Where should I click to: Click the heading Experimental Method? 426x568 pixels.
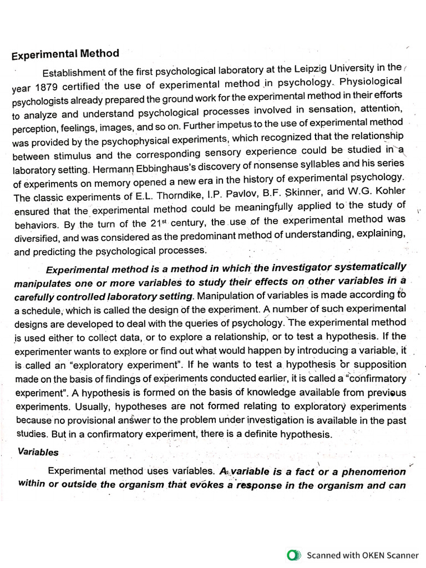tap(65, 54)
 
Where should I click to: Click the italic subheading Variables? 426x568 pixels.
tap(38, 452)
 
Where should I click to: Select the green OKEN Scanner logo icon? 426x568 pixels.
tap(293, 555)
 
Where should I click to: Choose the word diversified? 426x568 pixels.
tap(37, 237)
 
